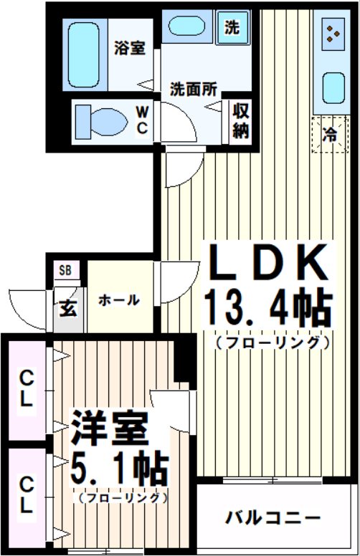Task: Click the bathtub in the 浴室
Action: click(85, 55)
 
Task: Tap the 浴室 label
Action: click(130, 49)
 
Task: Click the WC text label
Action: click(143, 120)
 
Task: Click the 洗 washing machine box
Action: click(232, 28)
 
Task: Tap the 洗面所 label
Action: click(194, 90)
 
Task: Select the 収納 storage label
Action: click(240, 120)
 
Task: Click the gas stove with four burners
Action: click(331, 33)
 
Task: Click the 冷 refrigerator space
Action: click(329, 133)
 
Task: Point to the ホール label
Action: click(118, 300)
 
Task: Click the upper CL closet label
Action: click(26, 388)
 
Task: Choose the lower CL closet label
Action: click(26, 494)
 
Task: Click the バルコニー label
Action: click(273, 517)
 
